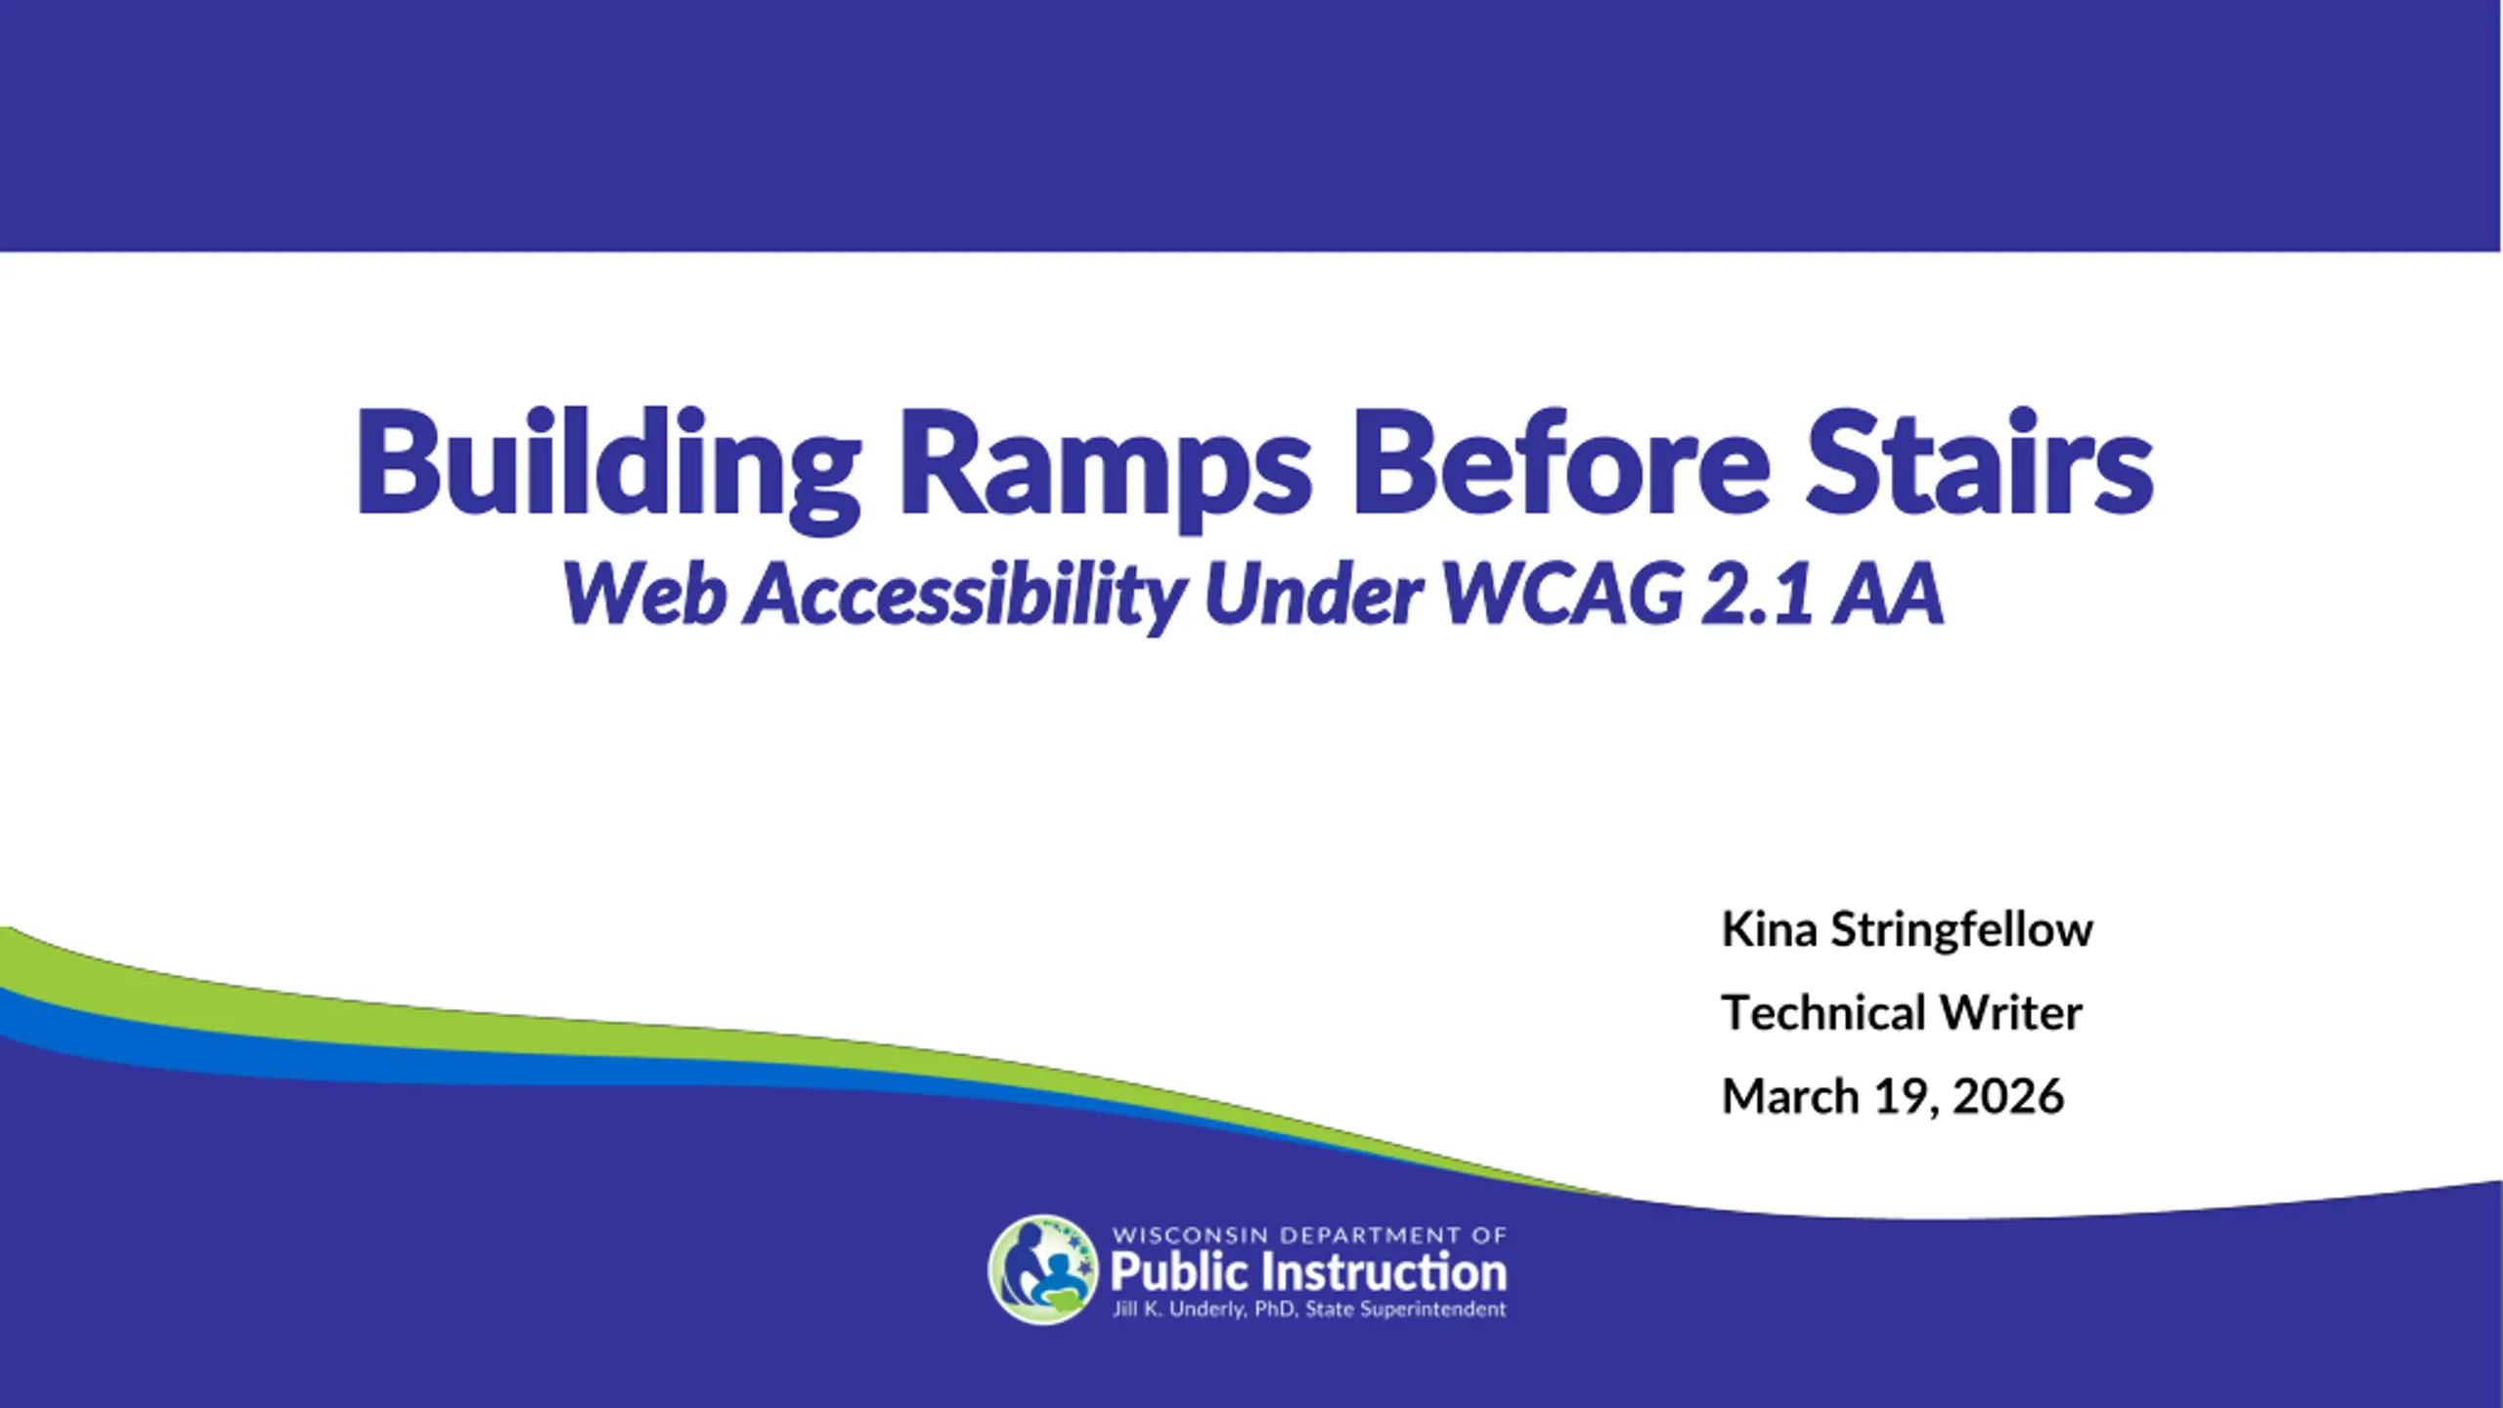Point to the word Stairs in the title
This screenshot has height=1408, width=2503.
point(1979,461)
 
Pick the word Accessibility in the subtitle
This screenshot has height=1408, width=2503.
point(965,596)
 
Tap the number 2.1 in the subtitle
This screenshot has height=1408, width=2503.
point(1755,594)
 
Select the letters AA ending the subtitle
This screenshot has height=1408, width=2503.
point(1888,594)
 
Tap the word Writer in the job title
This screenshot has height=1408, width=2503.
point(2010,1013)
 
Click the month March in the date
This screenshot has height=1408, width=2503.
point(1790,1096)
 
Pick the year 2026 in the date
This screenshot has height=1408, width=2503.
point(2008,1097)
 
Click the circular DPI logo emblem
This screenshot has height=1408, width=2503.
point(1043,1269)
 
